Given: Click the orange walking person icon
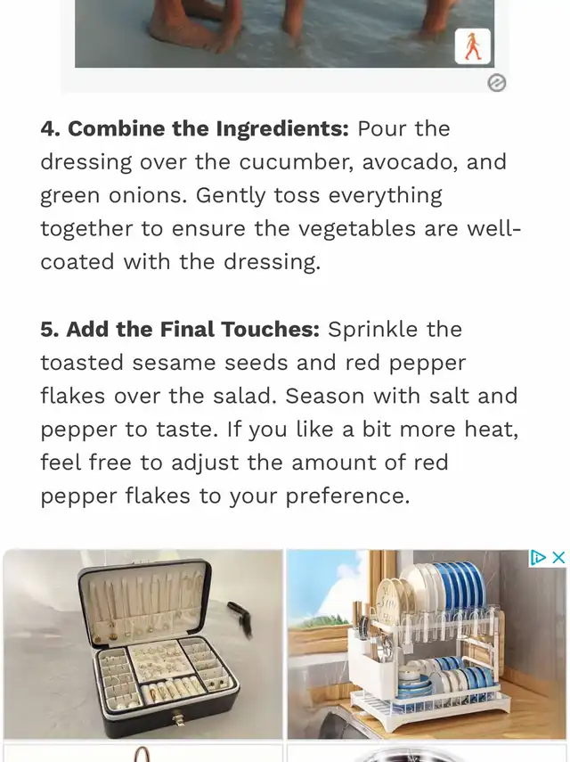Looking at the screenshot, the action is point(472,46).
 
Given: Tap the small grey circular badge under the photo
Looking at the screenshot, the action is point(496,83).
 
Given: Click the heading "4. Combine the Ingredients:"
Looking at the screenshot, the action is point(195,129).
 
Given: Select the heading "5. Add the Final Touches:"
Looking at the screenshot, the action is point(180,330).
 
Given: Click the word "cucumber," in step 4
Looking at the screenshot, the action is point(297,162).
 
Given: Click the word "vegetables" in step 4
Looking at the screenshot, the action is point(357,229).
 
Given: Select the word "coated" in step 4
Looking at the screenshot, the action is point(77,262).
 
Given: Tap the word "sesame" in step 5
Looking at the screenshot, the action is point(174,363).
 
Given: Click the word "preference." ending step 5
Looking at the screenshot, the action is point(347,496).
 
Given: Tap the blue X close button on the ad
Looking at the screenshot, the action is point(558,557).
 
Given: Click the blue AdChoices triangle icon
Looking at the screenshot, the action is point(538,557).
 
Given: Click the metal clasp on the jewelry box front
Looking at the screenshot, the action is point(179,717).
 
